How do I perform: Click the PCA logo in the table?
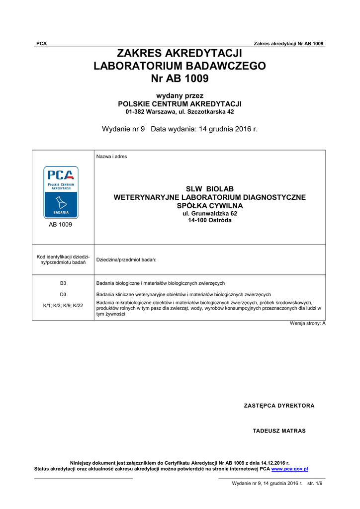[61, 192]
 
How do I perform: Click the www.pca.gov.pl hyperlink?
[289, 469]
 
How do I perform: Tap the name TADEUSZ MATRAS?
[279, 431]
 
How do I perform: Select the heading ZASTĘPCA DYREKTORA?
[279, 406]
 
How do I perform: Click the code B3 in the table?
[63, 283]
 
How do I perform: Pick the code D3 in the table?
[63, 294]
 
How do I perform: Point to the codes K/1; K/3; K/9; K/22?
[63, 305]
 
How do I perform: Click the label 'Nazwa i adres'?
[111, 157]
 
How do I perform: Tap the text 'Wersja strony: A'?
[308, 324]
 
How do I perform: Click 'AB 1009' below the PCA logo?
[60, 225]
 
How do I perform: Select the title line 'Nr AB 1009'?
[180, 79]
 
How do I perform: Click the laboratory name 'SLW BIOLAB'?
[209, 189]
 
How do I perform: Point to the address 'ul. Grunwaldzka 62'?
[209, 213]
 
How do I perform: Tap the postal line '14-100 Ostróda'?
[209, 220]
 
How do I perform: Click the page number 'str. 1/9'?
[315, 483]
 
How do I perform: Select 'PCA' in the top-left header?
[41, 44]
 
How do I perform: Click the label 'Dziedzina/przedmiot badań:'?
[126, 260]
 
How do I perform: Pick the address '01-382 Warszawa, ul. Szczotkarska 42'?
[180, 112]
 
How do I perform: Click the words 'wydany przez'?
[180, 95]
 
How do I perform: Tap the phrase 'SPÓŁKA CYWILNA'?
[209, 205]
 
